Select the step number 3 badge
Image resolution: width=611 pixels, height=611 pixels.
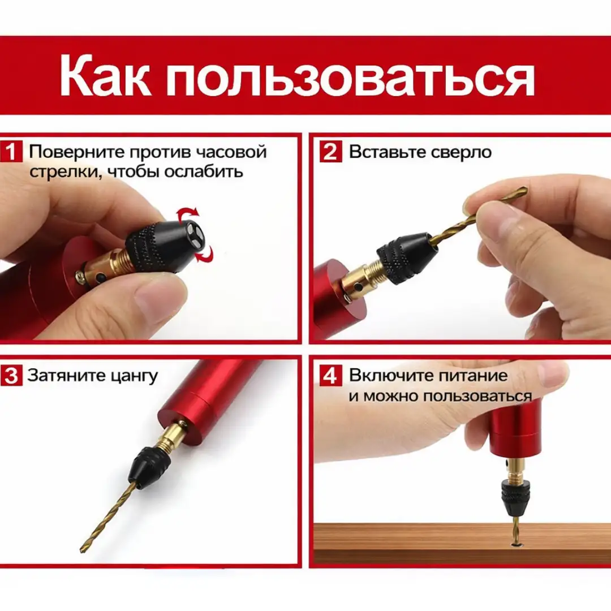12,376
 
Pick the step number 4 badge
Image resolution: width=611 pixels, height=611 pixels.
331,376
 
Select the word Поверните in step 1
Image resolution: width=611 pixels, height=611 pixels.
76,152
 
